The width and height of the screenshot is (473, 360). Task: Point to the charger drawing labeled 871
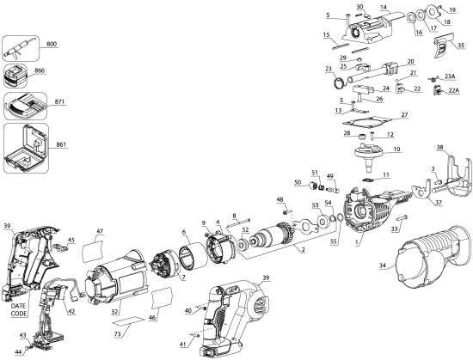[27, 106]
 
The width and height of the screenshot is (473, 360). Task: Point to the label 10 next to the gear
[396, 149]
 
